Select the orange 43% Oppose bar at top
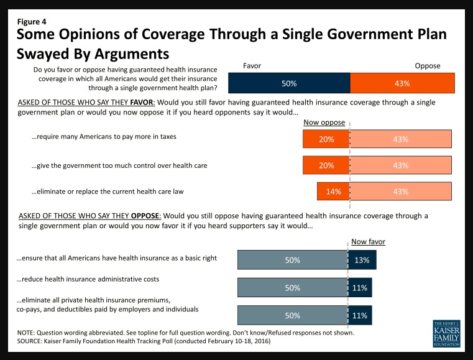coord(402,83)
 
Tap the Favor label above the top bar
coord(252,65)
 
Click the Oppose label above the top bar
coord(428,65)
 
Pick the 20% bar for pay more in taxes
coord(326,139)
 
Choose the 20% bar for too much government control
coord(326,165)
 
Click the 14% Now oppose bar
coord(333,192)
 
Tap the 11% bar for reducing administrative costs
coord(360,288)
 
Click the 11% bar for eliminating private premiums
coord(360,315)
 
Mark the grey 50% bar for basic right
coord(292,261)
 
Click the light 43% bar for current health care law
coord(401,192)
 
